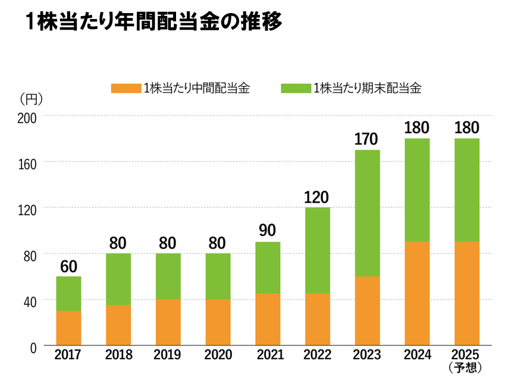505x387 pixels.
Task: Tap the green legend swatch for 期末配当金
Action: [296, 89]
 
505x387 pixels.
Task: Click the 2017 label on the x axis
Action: [68, 355]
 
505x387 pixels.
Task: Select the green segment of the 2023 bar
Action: [367, 213]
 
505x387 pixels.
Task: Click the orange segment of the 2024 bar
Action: [416, 293]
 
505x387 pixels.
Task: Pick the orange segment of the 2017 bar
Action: [68, 328]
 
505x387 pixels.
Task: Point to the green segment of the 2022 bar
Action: [318, 250]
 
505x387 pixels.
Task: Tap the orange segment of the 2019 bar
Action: [168, 322]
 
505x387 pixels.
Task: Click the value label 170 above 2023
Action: [367, 140]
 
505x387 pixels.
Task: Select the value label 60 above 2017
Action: [68, 266]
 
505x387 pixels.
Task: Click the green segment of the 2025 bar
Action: [466, 190]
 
